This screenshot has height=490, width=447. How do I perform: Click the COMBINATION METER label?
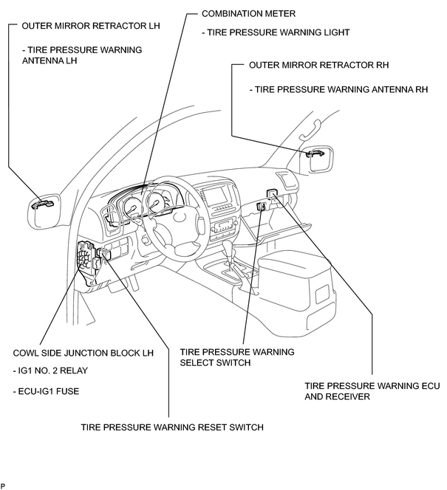(248, 14)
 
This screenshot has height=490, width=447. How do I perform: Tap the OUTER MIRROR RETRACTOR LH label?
(91, 26)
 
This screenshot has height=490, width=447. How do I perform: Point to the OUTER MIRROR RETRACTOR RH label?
(318, 65)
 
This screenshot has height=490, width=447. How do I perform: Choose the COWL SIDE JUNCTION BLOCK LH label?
(83, 353)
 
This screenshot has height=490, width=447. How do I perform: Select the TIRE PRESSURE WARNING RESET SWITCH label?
(172, 427)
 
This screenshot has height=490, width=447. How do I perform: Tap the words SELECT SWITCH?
(215, 363)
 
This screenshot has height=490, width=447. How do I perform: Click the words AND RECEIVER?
(337, 396)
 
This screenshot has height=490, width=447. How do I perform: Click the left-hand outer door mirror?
(44, 210)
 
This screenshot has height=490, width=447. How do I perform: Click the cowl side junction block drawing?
(86, 257)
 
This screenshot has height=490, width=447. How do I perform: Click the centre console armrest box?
(295, 281)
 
